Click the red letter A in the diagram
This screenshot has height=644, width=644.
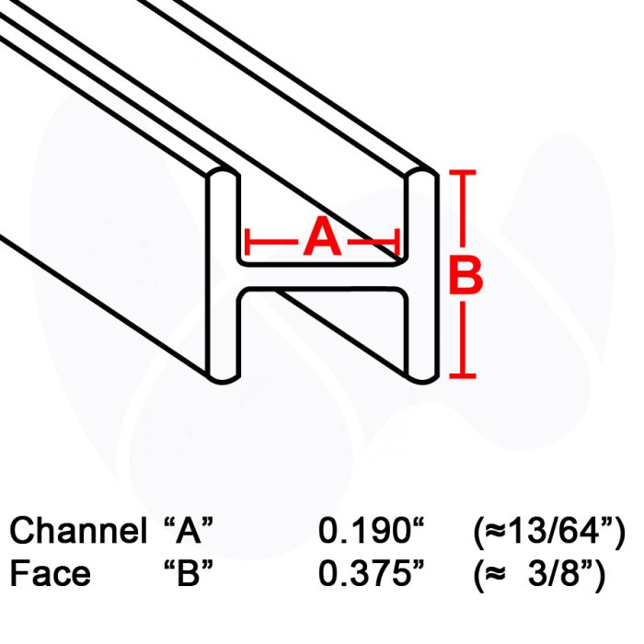click(322, 237)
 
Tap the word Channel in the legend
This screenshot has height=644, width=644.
click(78, 530)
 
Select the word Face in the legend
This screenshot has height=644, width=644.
click(50, 573)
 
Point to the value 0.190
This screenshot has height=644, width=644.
click(372, 530)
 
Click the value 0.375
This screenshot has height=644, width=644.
click(372, 573)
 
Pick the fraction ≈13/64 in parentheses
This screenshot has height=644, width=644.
click(549, 532)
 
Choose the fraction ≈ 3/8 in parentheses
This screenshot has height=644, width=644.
click(540, 575)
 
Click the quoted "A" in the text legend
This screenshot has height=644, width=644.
click(189, 530)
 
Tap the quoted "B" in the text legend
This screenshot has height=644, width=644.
click(189, 573)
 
